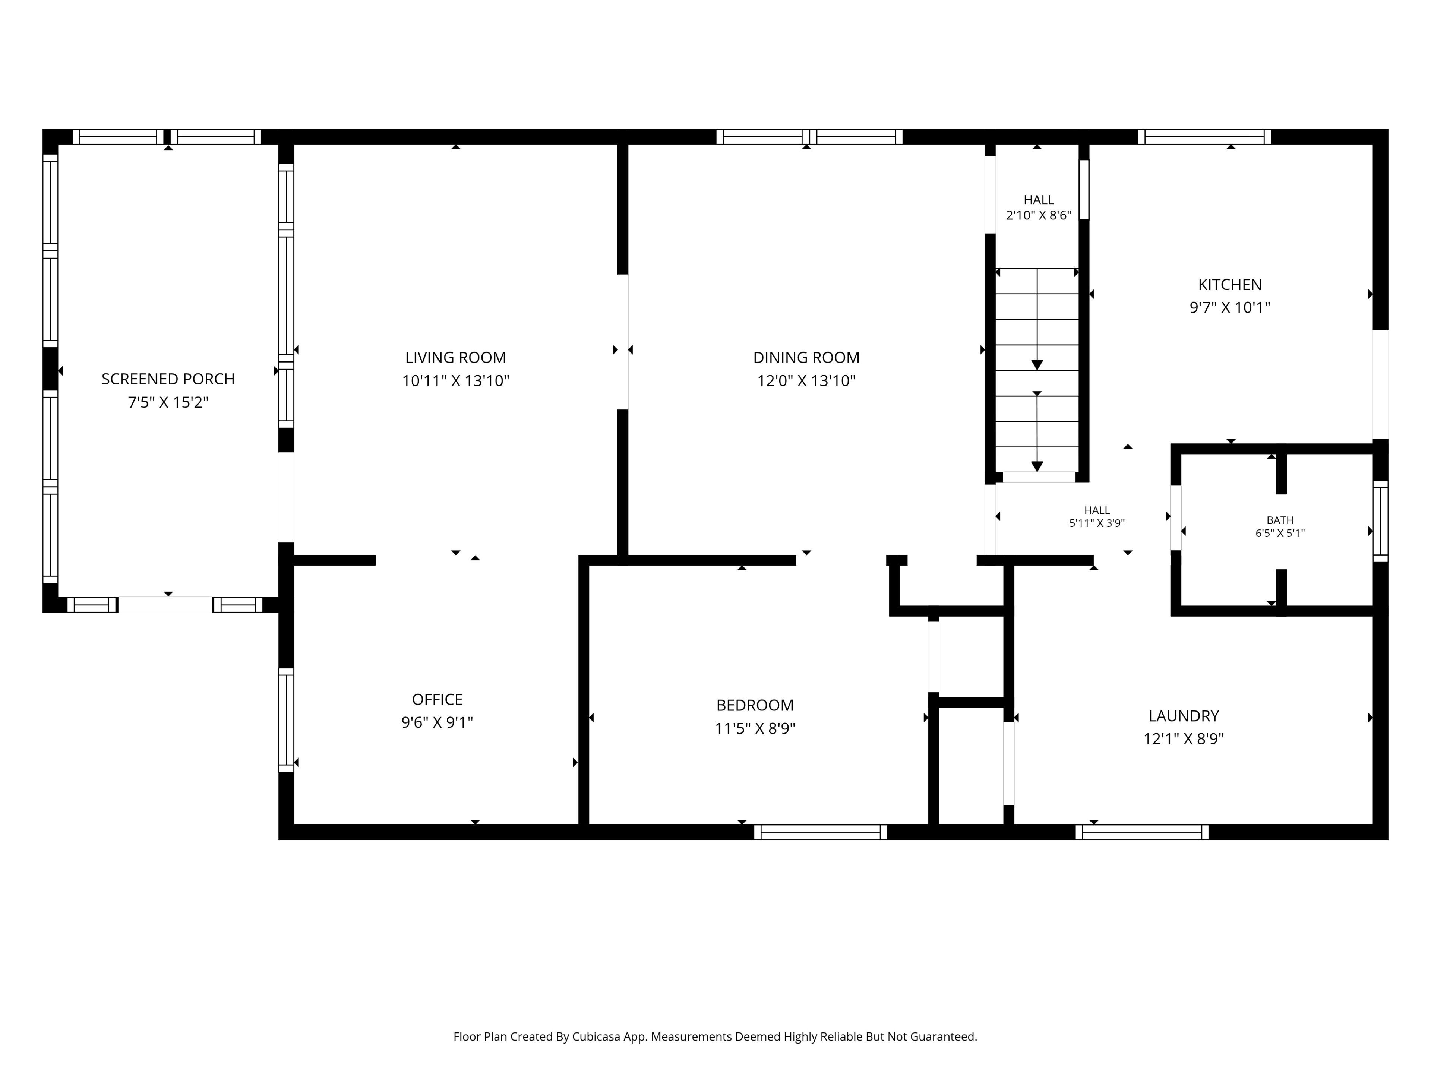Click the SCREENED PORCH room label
pos(168,379)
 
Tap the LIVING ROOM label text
pos(455,358)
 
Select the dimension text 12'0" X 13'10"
pos(806,380)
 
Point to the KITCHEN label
pos(1230,285)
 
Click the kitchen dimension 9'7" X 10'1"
pos(1230,307)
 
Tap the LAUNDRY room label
pos(1183,716)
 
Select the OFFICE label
pos(437,699)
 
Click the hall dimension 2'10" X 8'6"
pos(1038,215)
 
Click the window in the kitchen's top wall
pos(1204,136)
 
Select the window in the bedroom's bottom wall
pos(820,832)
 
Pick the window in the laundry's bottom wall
pos(1142,832)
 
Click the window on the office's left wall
pos(286,720)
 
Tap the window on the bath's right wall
pos(1381,521)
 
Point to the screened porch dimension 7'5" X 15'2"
pos(168,402)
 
